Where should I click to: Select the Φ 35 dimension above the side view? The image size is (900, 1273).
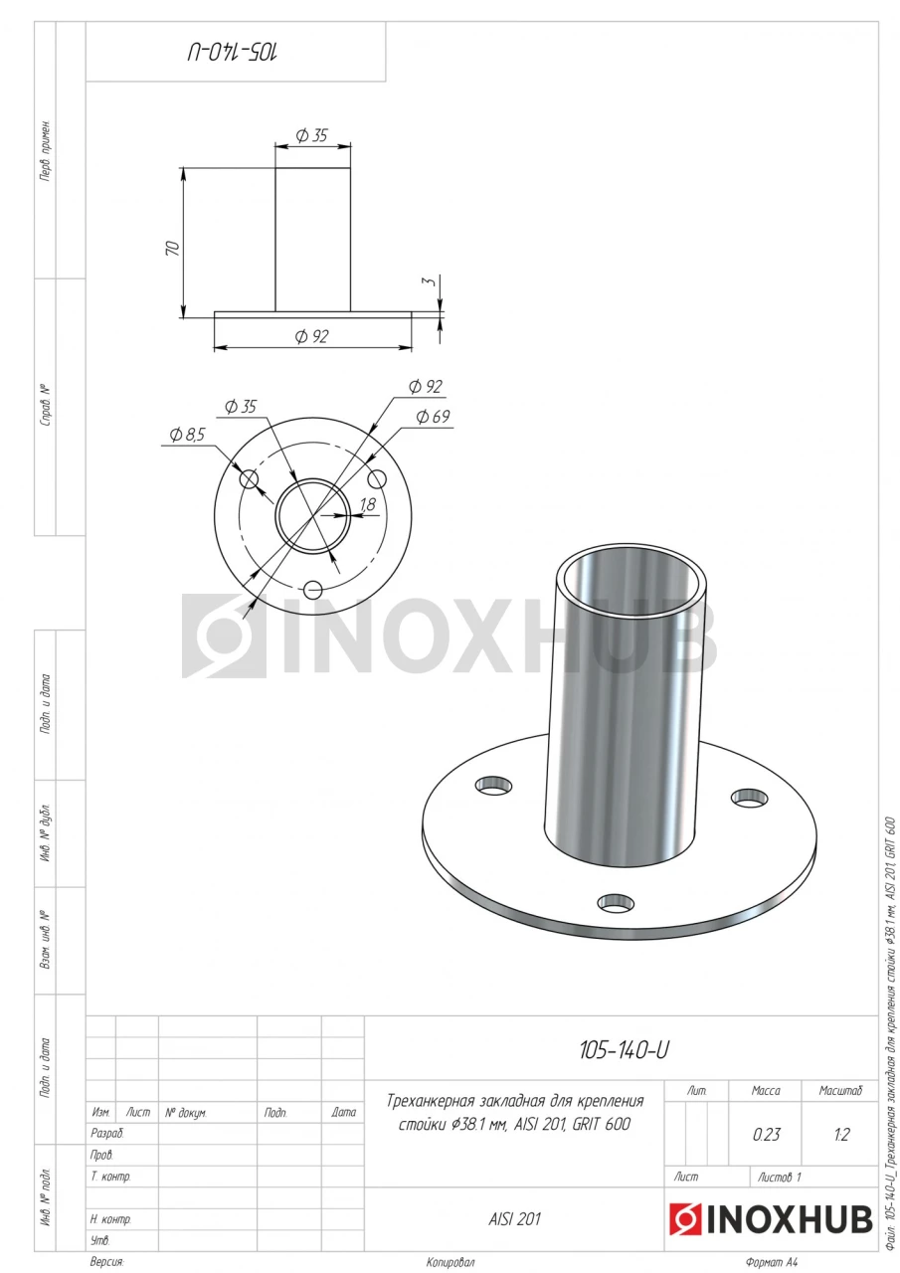coord(312,135)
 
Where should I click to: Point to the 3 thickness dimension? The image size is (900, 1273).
coord(431,280)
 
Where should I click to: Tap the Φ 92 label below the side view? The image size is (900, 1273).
coord(312,336)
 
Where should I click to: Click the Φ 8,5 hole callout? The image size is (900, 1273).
coord(188,435)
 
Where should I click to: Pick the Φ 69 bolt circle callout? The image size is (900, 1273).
coord(433,417)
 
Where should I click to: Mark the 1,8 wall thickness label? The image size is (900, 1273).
coord(368,503)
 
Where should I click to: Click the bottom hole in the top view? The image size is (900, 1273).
coord(313,590)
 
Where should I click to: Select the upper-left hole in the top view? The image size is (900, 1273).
coord(249,479)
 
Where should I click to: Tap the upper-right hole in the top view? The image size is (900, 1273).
coord(377,479)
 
